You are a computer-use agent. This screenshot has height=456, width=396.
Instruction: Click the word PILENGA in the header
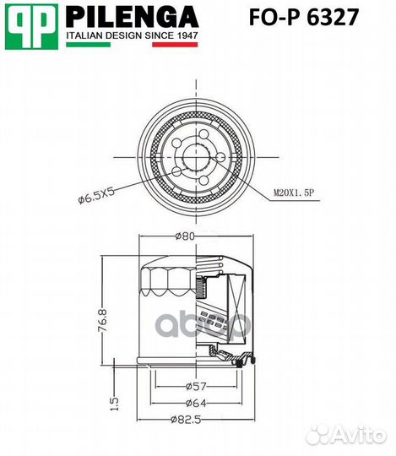coord(131,16)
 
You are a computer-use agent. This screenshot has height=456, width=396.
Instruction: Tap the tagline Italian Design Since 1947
coord(132,38)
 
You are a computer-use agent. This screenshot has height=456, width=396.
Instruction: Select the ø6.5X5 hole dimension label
coord(96,199)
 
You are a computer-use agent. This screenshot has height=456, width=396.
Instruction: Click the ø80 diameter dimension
coord(187,236)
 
